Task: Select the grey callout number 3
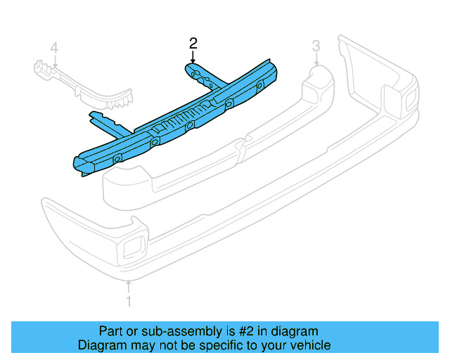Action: click(316, 46)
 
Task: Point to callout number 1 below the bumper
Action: click(129, 302)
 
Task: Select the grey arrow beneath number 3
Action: click(316, 60)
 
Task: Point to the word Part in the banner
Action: click(111, 331)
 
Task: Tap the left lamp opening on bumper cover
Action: click(131, 247)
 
